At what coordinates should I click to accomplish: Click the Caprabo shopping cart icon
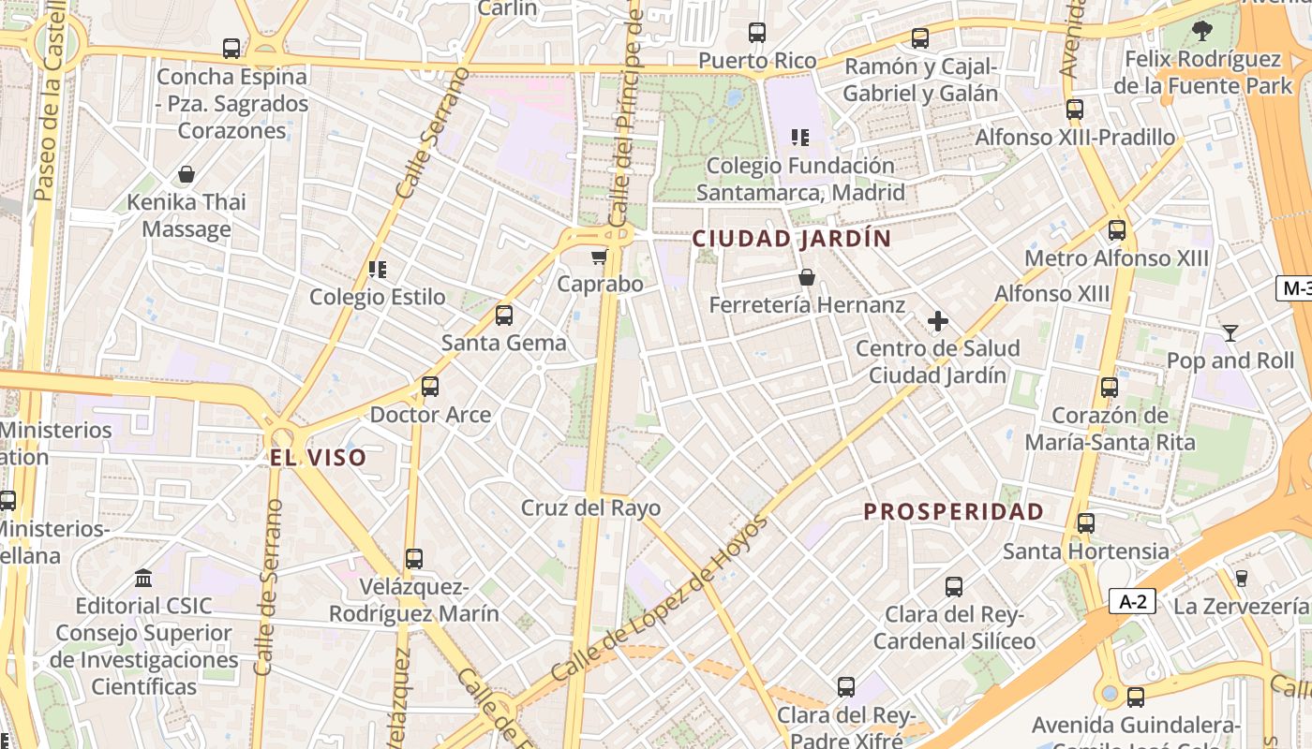599,257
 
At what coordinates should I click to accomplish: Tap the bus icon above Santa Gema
504,316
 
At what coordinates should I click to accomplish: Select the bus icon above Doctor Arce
430,386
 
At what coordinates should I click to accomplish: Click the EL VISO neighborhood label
318,458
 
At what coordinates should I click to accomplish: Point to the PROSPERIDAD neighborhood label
953,511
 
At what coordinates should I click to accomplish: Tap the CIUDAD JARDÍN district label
792,239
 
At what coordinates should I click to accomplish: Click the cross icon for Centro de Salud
937,322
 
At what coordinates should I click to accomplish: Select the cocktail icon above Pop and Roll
1230,333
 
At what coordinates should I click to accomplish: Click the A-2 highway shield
1132,601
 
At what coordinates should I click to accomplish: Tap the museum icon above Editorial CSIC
143,578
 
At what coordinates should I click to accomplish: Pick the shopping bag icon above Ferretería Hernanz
806,277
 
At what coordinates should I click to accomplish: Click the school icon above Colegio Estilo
378,271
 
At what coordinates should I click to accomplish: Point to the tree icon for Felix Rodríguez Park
1202,32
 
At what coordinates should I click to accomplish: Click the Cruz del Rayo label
590,508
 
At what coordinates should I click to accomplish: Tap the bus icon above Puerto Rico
757,33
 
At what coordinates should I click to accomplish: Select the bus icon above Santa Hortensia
1086,523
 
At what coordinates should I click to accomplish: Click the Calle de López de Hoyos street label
660,599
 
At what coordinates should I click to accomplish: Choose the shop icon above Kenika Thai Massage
186,174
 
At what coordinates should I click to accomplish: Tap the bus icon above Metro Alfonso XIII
1116,230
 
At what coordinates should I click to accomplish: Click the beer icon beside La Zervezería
1242,578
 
